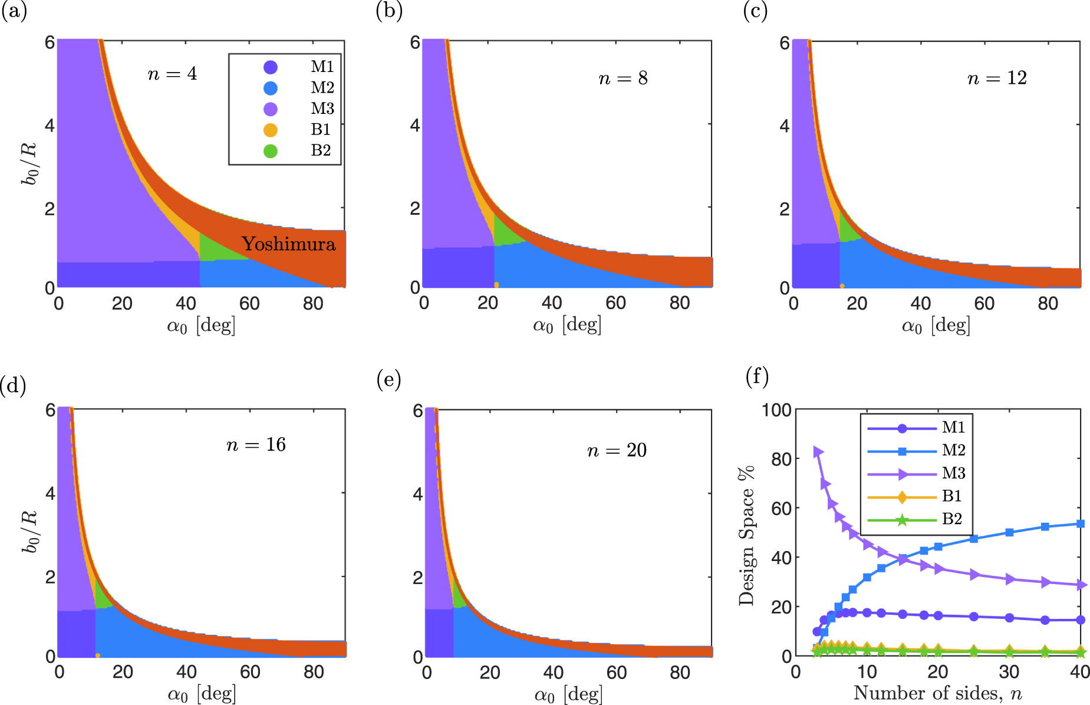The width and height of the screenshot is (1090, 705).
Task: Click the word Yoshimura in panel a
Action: point(289,244)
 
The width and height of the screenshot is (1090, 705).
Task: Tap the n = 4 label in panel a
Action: point(172,74)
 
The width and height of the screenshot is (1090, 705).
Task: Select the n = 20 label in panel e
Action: point(617,451)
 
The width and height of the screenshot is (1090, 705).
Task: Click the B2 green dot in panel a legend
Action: point(271,151)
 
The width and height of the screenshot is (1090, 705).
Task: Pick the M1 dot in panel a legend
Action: point(271,67)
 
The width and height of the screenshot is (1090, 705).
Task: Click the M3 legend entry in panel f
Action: point(953,473)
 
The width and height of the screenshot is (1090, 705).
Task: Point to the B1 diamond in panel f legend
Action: point(902,497)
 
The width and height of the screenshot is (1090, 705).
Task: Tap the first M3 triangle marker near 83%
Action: point(818,452)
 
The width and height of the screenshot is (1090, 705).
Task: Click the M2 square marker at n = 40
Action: point(1080,524)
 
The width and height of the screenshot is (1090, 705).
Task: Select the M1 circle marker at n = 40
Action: point(1080,620)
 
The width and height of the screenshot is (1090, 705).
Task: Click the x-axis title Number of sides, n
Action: point(937,693)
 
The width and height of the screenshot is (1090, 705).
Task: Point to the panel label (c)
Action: point(755,12)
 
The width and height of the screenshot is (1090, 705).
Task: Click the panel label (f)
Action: point(757,376)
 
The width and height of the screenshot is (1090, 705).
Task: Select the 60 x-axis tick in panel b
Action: point(615,303)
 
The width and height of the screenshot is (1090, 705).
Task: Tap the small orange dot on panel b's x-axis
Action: point(496,285)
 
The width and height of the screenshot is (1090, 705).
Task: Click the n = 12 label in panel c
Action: point(997,78)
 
